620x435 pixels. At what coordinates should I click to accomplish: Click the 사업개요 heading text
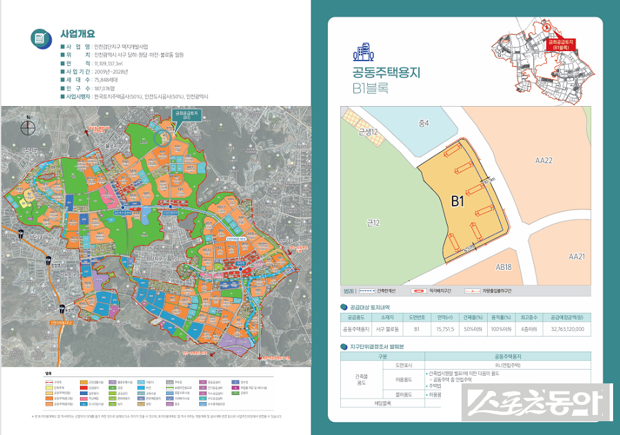coord(77,33)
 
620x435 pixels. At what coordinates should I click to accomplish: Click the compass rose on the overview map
coord(28,125)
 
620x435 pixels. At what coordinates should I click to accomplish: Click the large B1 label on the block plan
coord(458,202)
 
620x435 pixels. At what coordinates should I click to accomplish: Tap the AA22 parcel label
coord(544,160)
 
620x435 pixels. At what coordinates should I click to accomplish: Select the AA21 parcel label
coord(577,256)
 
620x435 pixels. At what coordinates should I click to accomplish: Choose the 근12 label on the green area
coord(374,222)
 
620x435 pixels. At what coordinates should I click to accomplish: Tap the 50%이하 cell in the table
coord(472,330)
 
